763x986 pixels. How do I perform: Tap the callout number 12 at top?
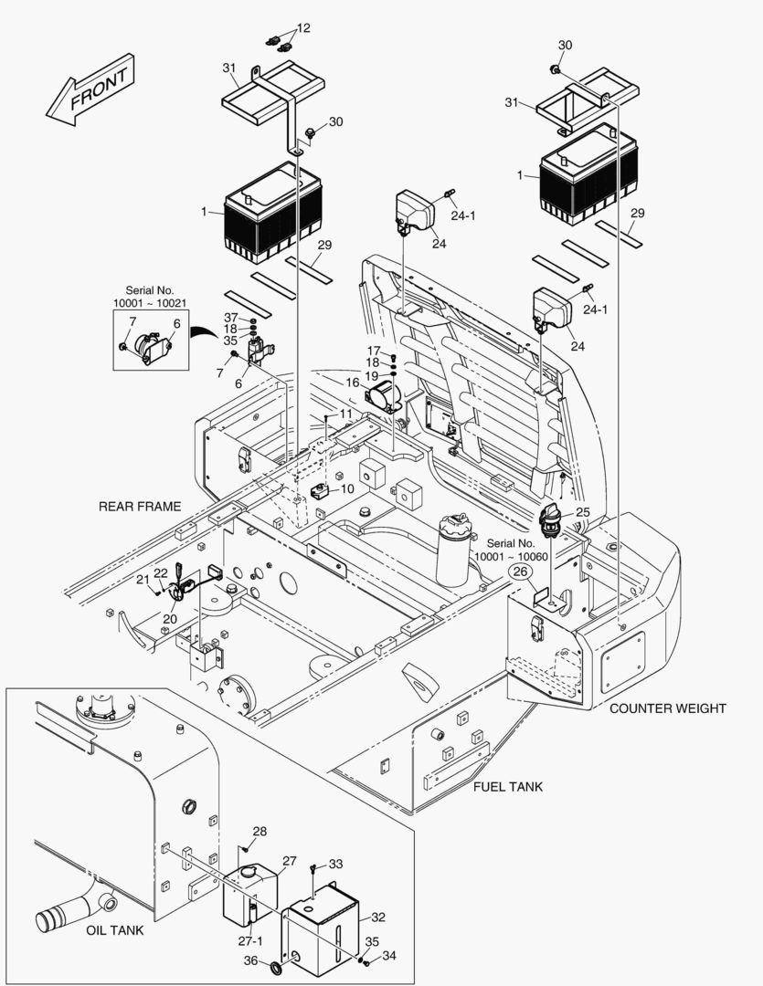point(303,28)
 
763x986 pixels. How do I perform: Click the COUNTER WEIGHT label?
point(668,708)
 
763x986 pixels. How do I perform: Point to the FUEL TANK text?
point(507,787)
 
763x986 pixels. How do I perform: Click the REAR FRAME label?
point(141,507)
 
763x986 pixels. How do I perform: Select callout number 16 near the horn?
point(353,383)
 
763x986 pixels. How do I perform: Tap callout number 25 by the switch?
point(582,512)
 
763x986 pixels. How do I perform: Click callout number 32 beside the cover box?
point(378,917)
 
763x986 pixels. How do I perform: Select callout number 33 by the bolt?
point(336,864)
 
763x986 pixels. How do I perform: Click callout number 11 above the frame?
point(344,414)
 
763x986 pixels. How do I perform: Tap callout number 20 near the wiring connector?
point(170,618)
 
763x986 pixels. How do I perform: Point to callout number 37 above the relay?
point(231,317)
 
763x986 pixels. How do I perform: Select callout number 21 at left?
point(143,579)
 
